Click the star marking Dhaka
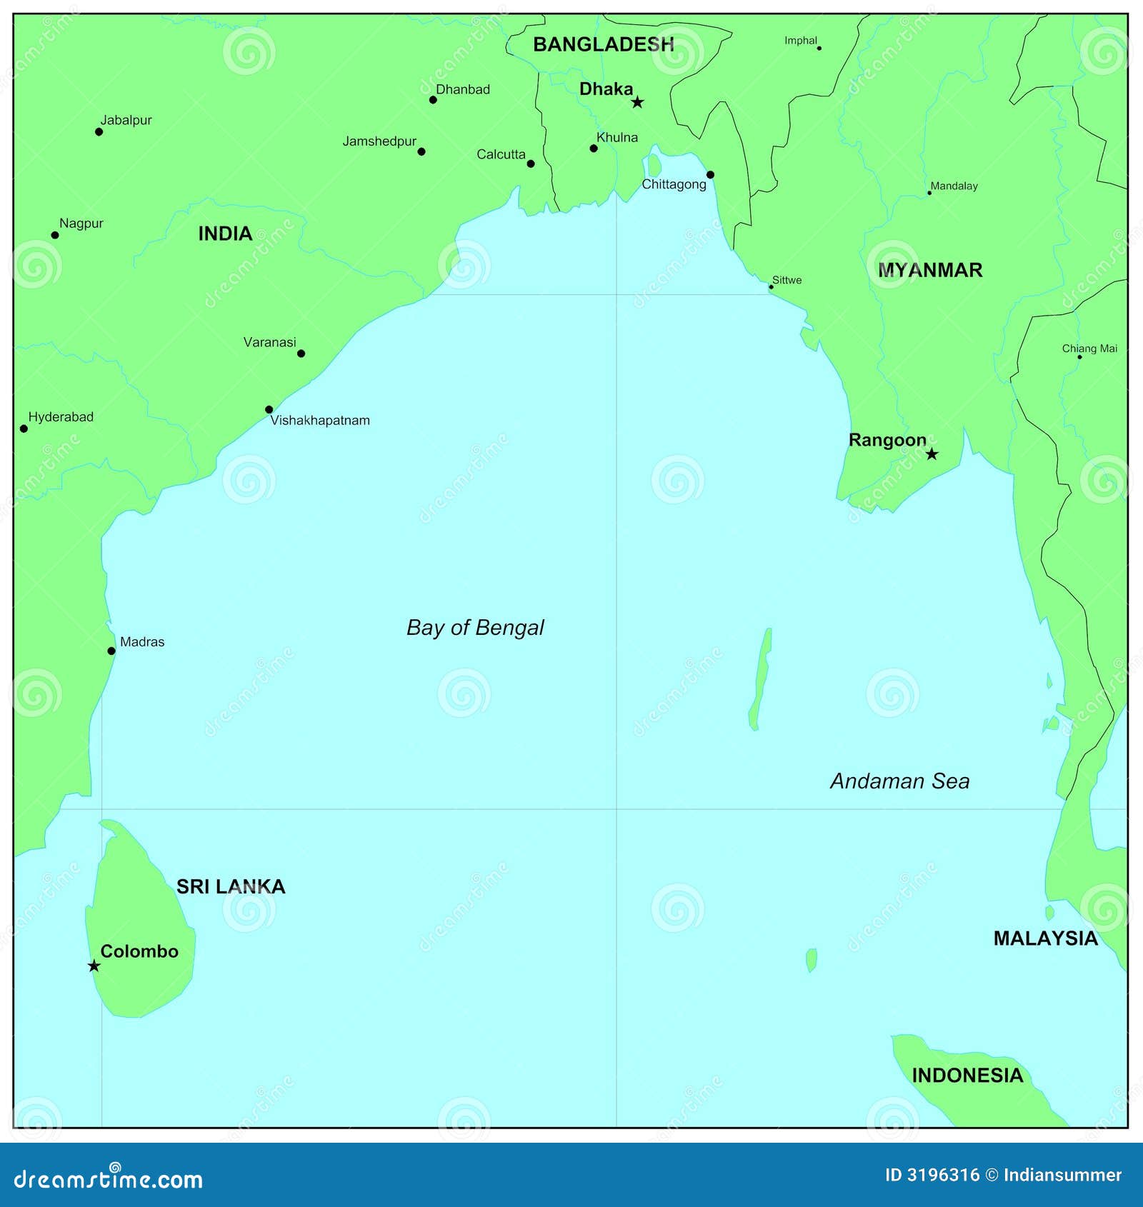[x=637, y=102]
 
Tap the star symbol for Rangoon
[x=932, y=454]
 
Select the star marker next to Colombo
[x=94, y=966]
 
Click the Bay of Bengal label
[x=475, y=628]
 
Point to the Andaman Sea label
[x=899, y=781]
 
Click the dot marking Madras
[x=111, y=651]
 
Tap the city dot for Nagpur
[x=55, y=235]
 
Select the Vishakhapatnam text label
[x=320, y=421]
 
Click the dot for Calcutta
[x=531, y=164]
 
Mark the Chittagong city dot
[x=710, y=174]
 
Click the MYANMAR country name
[x=930, y=270]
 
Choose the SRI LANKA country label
[x=231, y=886]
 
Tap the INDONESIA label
[x=967, y=1076]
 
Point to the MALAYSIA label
[x=1045, y=938]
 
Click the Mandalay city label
[x=954, y=186]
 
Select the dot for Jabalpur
[x=99, y=131]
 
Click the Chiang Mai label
[x=1089, y=349]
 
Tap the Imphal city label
[x=800, y=41]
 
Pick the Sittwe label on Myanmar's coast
[x=787, y=280]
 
